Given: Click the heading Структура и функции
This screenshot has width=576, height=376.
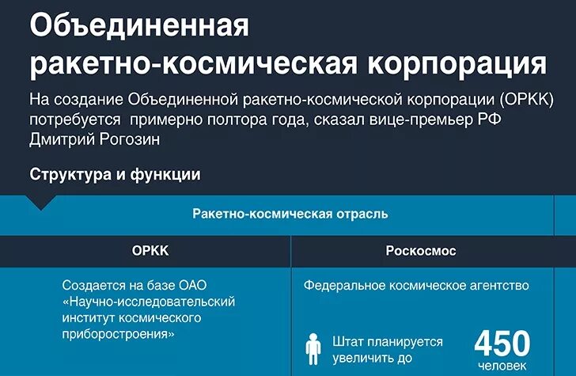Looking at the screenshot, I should pos(115,174).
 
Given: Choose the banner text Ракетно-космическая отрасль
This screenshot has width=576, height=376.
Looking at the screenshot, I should pos(290,214).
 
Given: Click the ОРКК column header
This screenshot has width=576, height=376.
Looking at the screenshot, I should pos(150,251).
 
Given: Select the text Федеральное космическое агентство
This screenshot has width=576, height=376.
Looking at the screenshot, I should pos(416,286).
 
